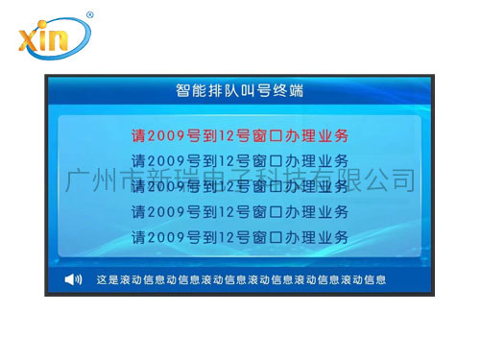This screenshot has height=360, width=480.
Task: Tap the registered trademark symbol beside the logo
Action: point(89,15)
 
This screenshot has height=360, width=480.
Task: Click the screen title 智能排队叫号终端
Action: point(240,92)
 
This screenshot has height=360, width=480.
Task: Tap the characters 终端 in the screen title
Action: point(290,92)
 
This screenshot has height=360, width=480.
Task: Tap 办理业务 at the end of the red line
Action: point(318,134)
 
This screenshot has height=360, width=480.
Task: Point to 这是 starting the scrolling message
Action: point(107,280)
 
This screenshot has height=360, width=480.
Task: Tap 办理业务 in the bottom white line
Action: point(318,235)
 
